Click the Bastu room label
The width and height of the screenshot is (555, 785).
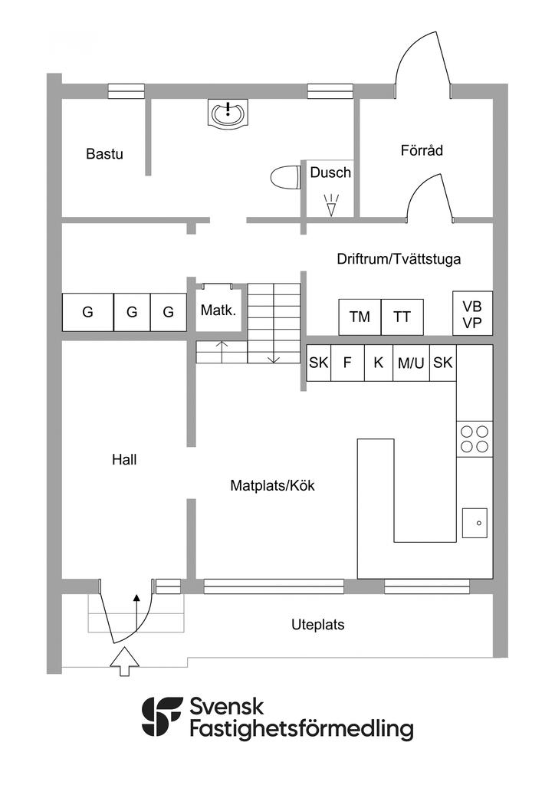tap(104, 153)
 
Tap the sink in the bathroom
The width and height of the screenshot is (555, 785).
tap(228, 114)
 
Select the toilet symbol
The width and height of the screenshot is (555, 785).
tap(285, 178)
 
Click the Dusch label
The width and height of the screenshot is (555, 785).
tap(330, 172)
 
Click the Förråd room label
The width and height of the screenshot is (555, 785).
tap(422, 150)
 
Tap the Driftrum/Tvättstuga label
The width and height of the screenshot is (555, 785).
tap(399, 259)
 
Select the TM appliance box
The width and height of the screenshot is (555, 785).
tap(360, 317)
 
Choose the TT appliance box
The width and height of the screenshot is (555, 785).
tap(402, 317)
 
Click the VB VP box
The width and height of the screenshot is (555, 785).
tap(472, 313)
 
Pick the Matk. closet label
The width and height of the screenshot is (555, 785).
tap(218, 310)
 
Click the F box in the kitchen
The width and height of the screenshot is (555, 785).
tap(347, 363)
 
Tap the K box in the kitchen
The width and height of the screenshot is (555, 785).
tap(378, 363)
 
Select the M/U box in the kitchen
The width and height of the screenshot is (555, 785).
tap(411, 363)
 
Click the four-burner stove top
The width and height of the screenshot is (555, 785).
tap(475, 438)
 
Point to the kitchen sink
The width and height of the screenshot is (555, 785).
tap(475, 523)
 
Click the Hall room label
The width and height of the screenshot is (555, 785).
tap(124, 460)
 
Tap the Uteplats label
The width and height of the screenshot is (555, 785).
tap(318, 625)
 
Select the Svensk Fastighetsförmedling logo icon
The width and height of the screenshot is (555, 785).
tap(163, 718)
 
